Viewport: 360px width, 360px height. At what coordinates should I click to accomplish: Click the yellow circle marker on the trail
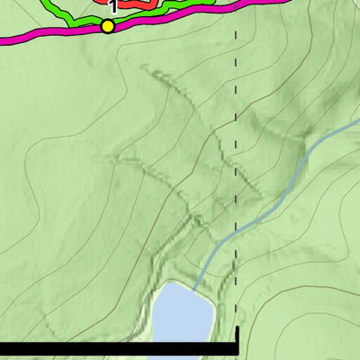(108, 26)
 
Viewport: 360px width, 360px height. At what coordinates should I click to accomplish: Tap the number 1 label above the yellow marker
(111, 7)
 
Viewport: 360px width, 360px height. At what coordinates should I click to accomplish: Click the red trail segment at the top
(135, 4)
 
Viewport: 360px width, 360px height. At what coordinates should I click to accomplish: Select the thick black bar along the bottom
(117, 348)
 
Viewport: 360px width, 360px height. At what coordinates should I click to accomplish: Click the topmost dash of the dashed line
(236, 34)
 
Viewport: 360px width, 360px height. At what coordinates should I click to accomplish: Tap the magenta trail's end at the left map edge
(3, 40)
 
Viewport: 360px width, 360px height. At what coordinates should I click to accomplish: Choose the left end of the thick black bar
(3, 348)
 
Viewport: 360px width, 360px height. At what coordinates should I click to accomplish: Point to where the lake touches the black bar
(180, 341)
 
